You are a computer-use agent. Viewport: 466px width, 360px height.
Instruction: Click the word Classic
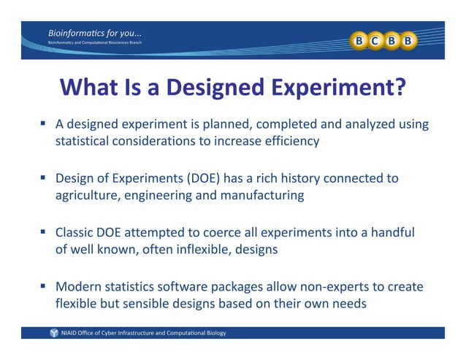click(x=75, y=233)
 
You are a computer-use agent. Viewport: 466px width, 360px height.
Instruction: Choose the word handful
click(x=391, y=233)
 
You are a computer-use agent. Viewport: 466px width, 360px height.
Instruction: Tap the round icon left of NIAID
click(x=54, y=333)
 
